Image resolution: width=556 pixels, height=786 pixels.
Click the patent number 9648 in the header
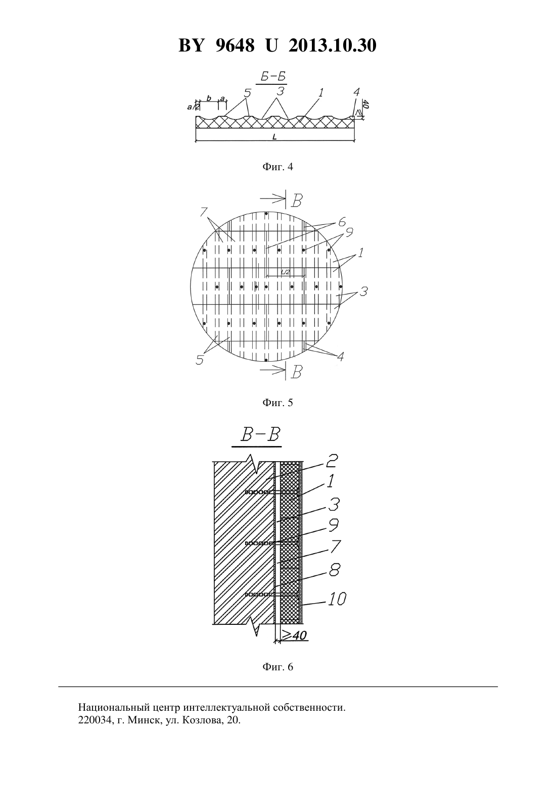tap(235, 45)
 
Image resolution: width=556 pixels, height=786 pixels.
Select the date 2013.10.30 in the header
tap(333, 45)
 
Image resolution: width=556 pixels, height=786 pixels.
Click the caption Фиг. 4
tap(277, 167)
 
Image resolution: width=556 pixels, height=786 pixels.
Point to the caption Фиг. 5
tap(277, 403)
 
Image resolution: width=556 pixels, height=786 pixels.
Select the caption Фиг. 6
tap(277, 666)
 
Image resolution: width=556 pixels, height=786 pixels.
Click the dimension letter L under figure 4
tap(274, 137)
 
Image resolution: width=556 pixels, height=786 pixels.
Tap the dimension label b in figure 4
tap(209, 98)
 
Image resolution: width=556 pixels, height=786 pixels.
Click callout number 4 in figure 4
tap(356, 92)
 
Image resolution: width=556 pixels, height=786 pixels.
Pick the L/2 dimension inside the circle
tap(286, 272)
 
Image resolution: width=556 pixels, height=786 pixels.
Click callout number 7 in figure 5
tap(203, 212)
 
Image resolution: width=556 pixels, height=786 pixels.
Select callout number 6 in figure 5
tap(342, 222)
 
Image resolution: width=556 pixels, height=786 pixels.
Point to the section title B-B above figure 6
tap(260, 435)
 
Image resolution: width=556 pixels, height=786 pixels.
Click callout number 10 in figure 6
tap(337, 599)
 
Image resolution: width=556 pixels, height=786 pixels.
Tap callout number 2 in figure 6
tap(332, 461)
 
